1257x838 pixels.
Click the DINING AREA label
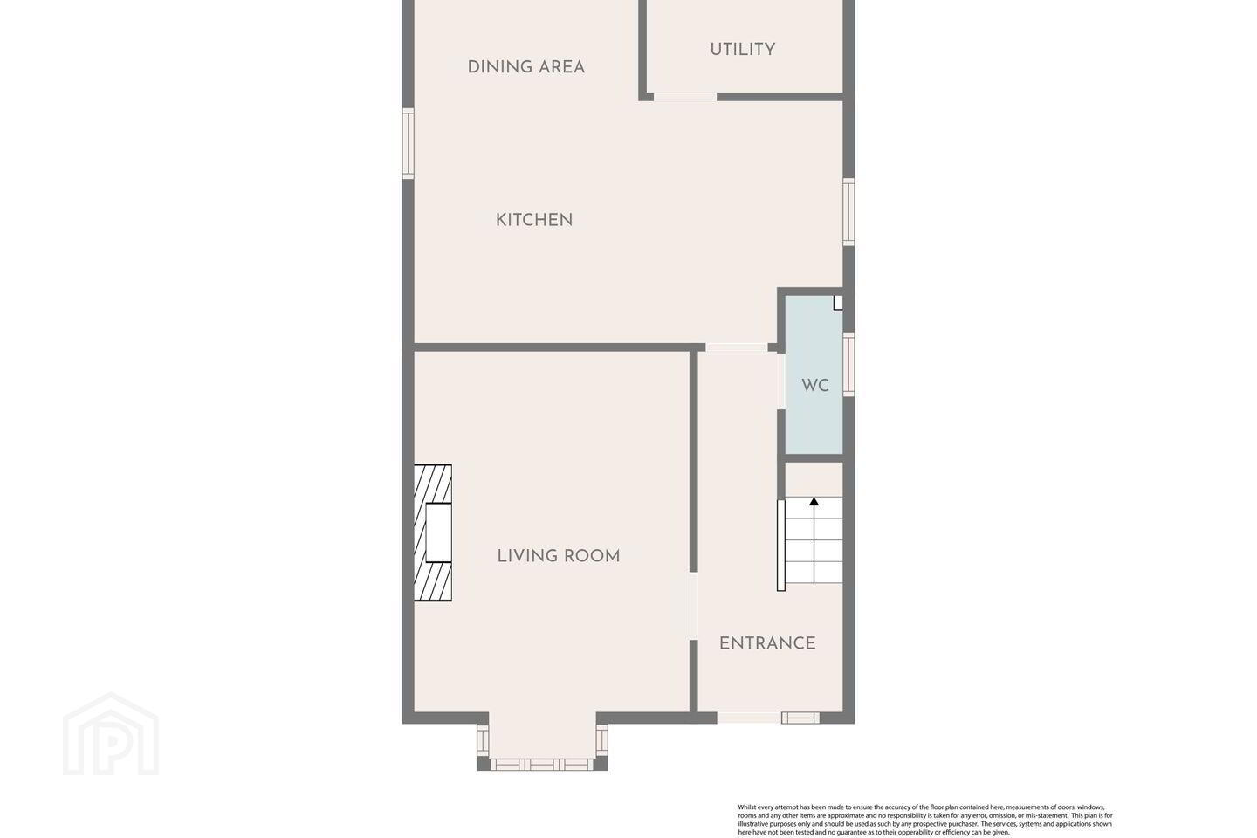click(x=525, y=67)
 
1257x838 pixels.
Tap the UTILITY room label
click(x=742, y=50)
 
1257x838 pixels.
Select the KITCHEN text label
click(x=533, y=220)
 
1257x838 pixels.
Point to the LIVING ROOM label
click(x=559, y=556)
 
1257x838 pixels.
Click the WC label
click(x=814, y=386)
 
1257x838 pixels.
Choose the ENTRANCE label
click(x=767, y=643)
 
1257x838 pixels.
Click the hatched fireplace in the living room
click(x=433, y=532)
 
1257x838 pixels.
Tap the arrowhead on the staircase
click(x=814, y=501)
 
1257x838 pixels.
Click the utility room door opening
click(x=685, y=97)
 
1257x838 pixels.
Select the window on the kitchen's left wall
click(x=408, y=144)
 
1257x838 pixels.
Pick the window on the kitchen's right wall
click(x=848, y=211)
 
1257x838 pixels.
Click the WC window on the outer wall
click(x=848, y=364)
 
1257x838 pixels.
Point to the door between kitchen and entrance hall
click(x=736, y=347)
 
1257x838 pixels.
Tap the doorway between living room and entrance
click(x=694, y=606)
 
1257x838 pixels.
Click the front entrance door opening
click(x=749, y=718)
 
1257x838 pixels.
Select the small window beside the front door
click(x=800, y=718)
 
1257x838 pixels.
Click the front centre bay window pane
click(x=542, y=765)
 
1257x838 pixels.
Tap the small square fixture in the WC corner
click(x=838, y=303)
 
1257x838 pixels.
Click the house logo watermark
click(x=111, y=734)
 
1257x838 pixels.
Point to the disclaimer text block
click(x=924, y=820)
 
